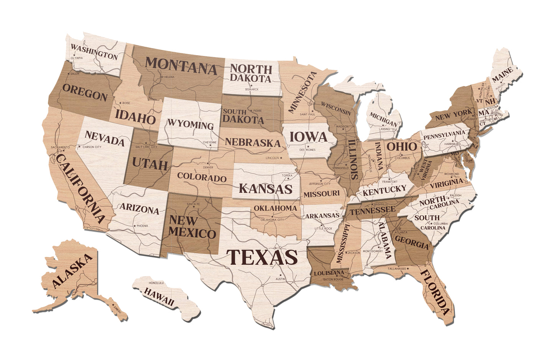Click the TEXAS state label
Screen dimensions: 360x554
(262, 257)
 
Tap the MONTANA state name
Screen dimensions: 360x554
(181, 65)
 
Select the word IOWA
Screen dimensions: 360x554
(308, 136)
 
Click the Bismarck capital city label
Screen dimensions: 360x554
(252, 89)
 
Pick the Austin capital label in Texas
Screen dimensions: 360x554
(280, 279)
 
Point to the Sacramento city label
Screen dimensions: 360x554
(60, 147)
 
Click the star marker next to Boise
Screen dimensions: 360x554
(120, 103)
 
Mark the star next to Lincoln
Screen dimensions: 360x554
(281, 158)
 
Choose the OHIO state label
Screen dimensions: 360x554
(401, 146)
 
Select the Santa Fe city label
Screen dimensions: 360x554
(193, 204)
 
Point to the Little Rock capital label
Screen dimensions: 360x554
(323, 228)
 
